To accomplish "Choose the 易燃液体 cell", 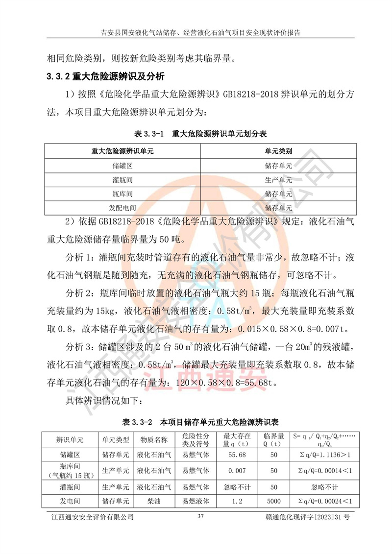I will click(x=196, y=501).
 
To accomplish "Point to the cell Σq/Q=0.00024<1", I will click(x=321, y=501).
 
